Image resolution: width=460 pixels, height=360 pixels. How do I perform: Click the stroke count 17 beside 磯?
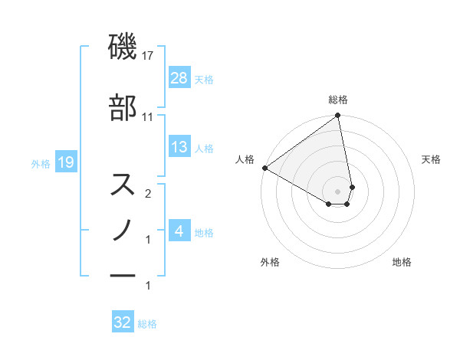pyautogui.click(x=148, y=56)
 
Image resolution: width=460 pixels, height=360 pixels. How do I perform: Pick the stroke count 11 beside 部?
pyautogui.click(x=148, y=117)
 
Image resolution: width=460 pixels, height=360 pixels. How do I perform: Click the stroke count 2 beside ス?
pyautogui.click(x=148, y=195)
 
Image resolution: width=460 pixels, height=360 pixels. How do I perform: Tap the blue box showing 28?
pyautogui.click(x=179, y=77)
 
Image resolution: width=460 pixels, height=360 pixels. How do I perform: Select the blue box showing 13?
pyautogui.click(x=179, y=147)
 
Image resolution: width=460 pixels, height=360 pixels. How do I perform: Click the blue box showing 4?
pyautogui.click(x=179, y=231)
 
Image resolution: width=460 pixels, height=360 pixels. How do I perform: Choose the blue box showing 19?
pyautogui.click(x=65, y=162)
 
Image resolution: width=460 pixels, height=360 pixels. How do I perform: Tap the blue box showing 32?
pyautogui.click(x=123, y=322)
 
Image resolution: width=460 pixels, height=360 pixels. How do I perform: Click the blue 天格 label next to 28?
pyautogui.click(x=204, y=79)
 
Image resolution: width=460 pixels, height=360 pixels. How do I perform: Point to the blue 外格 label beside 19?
pyautogui.click(x=41, y=163)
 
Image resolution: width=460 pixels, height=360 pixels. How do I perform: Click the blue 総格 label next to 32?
pyautogui.click(x=147, y=324)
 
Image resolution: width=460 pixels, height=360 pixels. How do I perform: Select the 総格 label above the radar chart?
pyautogui.click(x=338, y=100)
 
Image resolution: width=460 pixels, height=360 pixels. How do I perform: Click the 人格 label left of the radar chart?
pyautogui.click(x=245, y=159)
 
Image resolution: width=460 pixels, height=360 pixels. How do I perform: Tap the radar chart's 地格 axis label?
pyautogui.click(x=402, y=262)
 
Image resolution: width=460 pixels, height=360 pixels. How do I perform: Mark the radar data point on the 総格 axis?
pyautogui.click(x=338, y=116)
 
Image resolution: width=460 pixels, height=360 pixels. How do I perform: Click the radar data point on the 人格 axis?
pyautogui.click(x=264, y=168)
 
